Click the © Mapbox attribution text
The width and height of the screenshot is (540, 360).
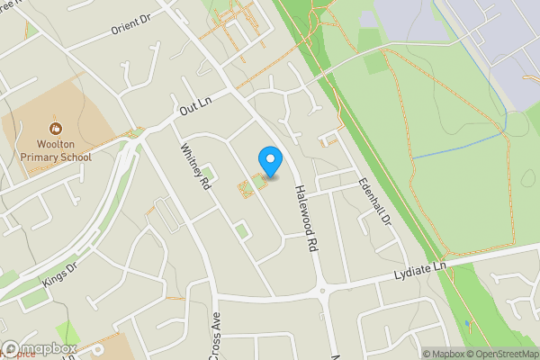(441, 354)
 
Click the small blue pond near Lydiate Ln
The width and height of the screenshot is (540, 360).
(467, 324)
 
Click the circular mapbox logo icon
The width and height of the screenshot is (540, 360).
(12, 348)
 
